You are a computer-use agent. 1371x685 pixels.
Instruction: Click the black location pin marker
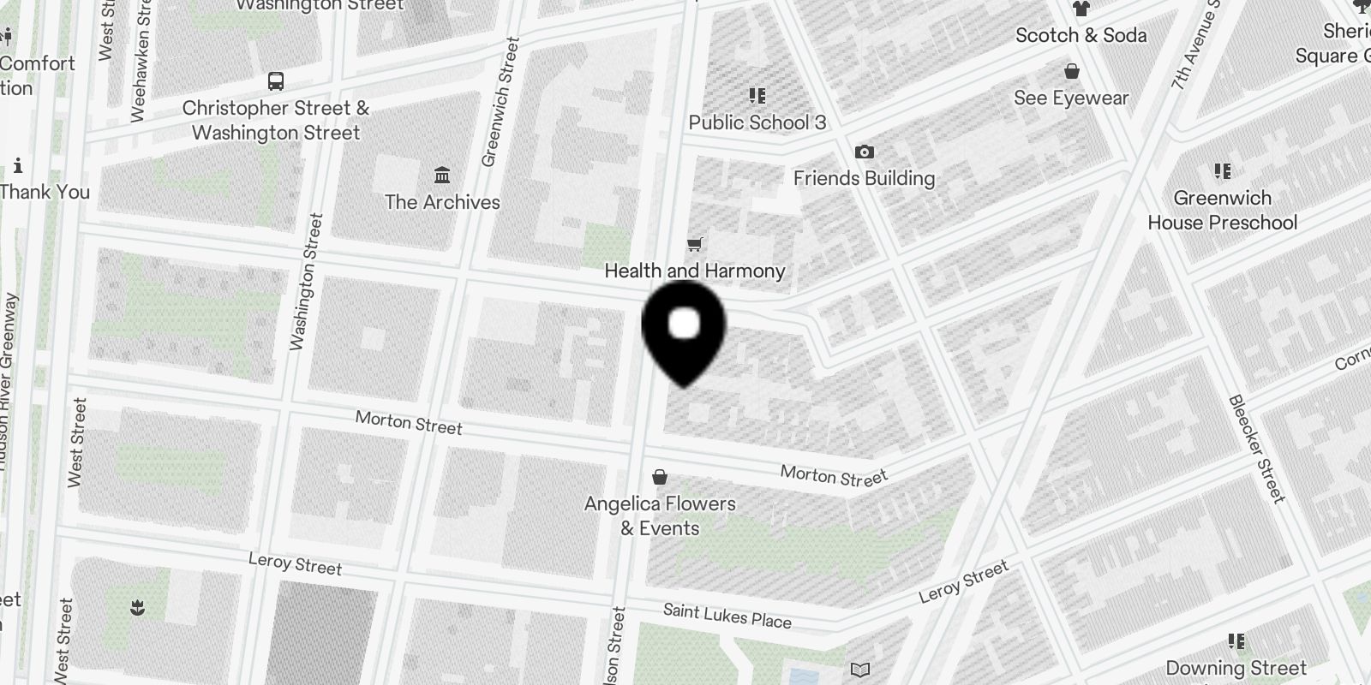pyautogui.click(x=684, y=330)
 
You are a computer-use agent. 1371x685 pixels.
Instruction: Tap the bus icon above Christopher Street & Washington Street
pyautogui.click(x=275, y=81)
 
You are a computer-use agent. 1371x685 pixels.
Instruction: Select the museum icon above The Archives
pyautogui.click(x=442, y=176)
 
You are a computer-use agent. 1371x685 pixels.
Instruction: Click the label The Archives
pyautogui.click(x=442, y=202)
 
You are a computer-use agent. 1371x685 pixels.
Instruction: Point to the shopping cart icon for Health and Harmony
pyautogui.click(x=695, y=245)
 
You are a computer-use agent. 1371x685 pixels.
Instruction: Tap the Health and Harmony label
pyautogui.click(x=695, y=271)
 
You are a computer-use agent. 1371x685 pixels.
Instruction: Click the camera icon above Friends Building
pyautogui.click(x=864, y=152)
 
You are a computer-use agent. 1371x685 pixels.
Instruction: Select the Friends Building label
pyautogui.click(x=864, y=178)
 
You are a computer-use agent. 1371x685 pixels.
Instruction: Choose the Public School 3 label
pyautogui.click(x=757, y=122)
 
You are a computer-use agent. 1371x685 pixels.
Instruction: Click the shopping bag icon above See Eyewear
pyautogui.click(x=1071, y=71)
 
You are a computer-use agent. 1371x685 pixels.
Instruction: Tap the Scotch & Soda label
pyautogui.click(x=1081, y=35)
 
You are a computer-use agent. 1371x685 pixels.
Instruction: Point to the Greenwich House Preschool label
pyautogui.click(x=1222, y=210)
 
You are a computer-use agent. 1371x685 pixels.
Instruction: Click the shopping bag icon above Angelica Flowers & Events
pyautogui.click(x=660, y=477)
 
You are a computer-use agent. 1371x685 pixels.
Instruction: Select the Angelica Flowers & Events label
pyautogui.click(x=660, y=515)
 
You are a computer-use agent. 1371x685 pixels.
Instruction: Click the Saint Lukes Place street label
pyautogui.click(x=727, y=616)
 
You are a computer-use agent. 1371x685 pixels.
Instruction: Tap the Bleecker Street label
pyautogui.click(x=1258, y=449)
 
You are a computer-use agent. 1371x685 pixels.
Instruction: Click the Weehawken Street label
pyautogui.click(x=139, y=62)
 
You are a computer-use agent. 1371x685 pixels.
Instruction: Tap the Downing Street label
pyautogui.click(x=1236, y=668)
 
